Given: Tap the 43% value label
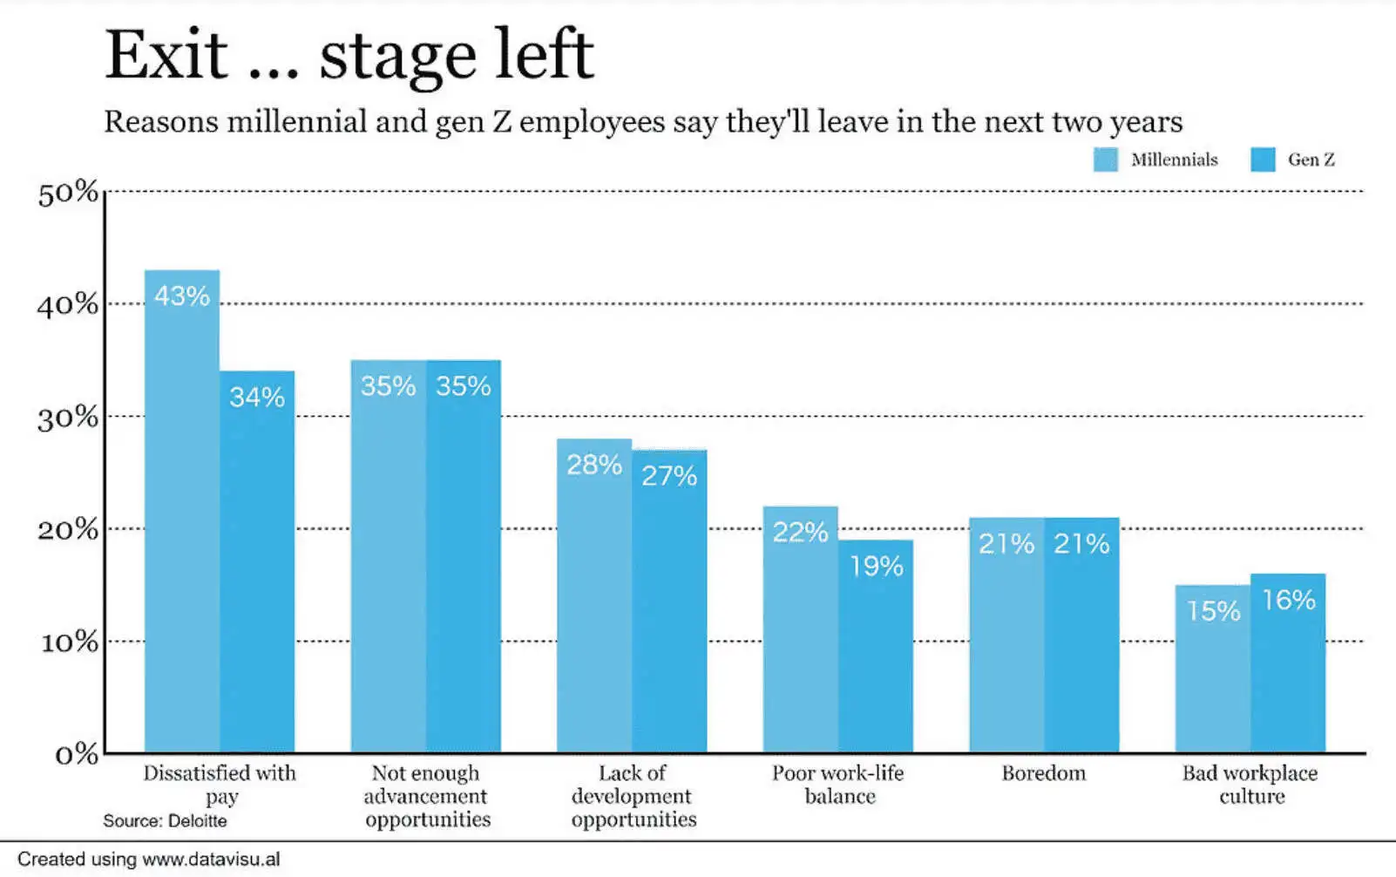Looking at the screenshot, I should pyautogui.click(x=182, y=296).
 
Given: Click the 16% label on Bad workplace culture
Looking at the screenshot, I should pyautogui.click(x=1289, y=600).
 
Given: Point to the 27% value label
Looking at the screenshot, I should pyautogui.click(x=669, y=476).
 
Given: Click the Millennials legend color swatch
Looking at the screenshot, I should pyautogui.click(x=1105, y=160).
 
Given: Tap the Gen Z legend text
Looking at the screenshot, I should pyautogui.click(x=1311, y=160).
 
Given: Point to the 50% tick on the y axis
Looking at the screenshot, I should pyautogui.click(x=68, y=193).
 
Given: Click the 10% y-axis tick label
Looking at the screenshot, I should pyautogui.click(x=69, y=642).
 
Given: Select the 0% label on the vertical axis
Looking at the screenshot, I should pyautogui.click(x=76, y=754).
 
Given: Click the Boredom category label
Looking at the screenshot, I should pyautogui.click(x=1043, y=773).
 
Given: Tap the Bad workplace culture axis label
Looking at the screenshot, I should pyautogui.click(x=1250, y=784).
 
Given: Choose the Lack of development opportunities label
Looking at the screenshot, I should pyautogui.click(x=633, y=796).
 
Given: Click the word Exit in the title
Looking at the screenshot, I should pyautogui.click(x=166, y=55).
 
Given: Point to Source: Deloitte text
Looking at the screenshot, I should pyautogui.click(x=165, y=821).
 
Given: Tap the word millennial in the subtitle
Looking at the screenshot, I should pyautogui.click(x=296, y=121).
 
